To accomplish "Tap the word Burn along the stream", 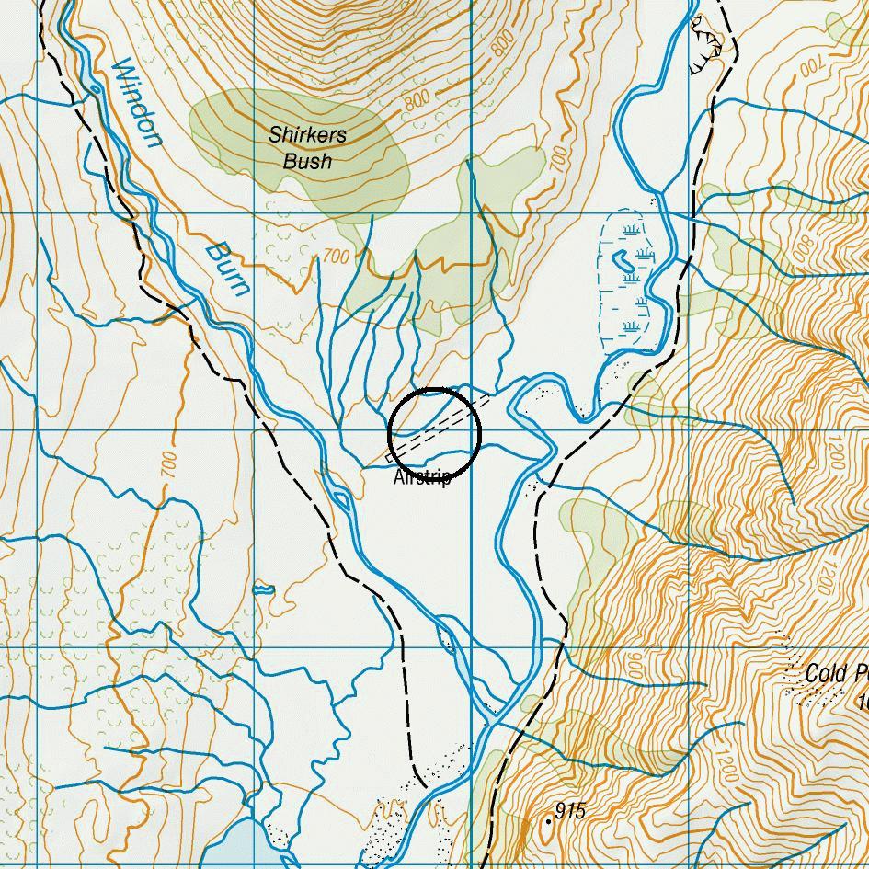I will (x=227, y=269).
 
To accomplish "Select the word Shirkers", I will (x=307, y=134).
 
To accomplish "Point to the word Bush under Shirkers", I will (x=307, y=162).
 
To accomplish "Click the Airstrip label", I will (x=422, y=478).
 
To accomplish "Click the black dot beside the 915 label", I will (x=549, y=820).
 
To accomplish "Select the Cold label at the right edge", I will (x=824, y=673).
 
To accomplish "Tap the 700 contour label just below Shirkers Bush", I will (x=337, y=257).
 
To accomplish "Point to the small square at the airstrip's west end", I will (x=390, y=456).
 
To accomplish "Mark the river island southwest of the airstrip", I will (x=342, y=501).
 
